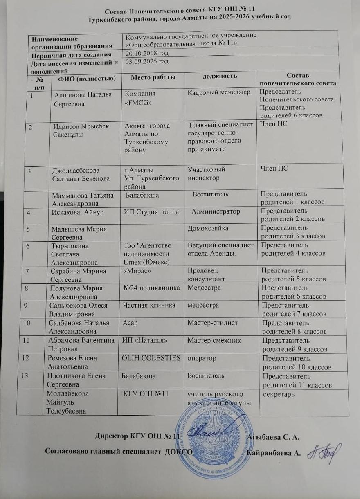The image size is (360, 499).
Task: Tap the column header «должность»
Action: click(220, 76)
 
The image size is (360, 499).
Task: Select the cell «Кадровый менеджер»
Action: click(218, 92)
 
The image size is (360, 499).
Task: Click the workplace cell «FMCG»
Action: click(135, 102)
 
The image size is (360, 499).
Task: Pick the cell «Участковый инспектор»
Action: click(206, 173)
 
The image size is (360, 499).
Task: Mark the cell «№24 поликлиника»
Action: click(151, 288)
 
